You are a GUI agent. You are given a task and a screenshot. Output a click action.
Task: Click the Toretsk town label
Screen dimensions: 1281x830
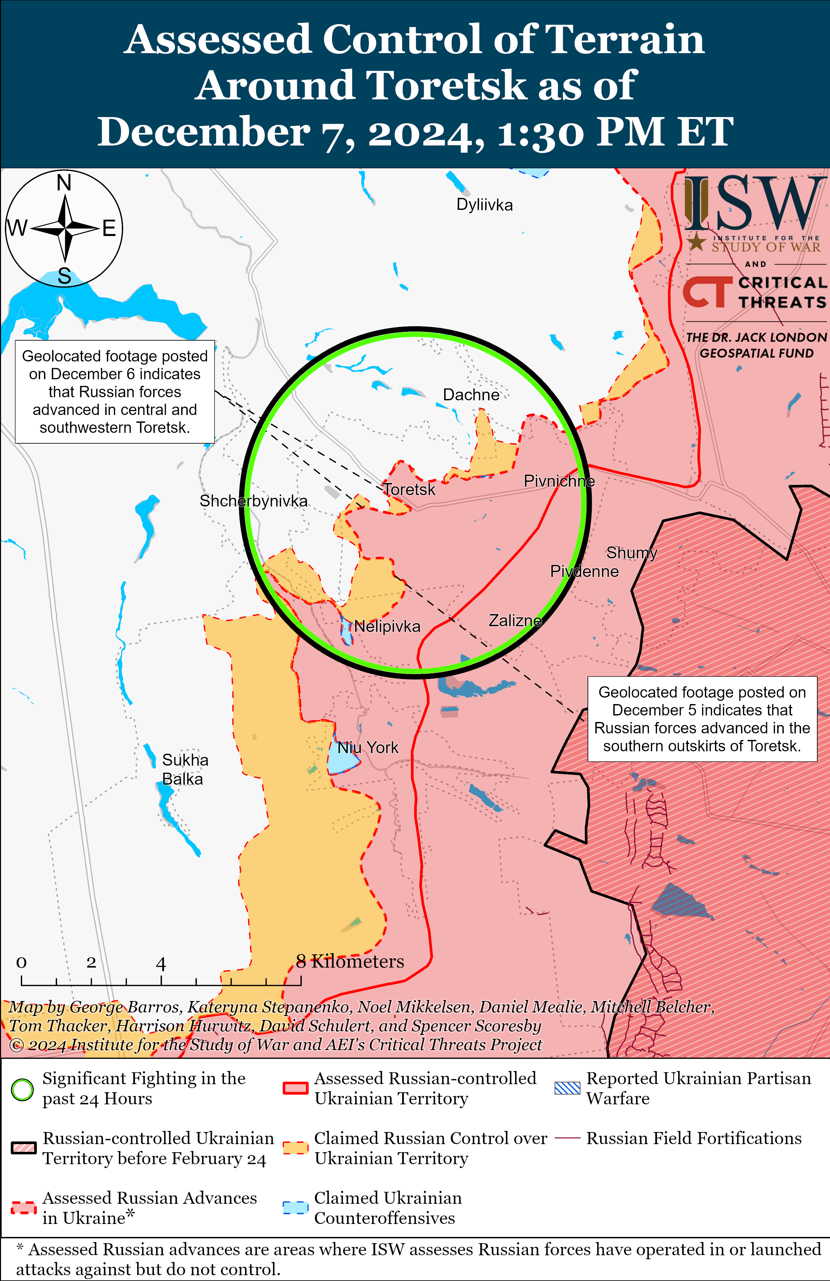pyautogui.click(x=409, y=489)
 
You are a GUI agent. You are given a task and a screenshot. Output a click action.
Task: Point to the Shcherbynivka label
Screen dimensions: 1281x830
pyautogui.click(x=254, y=501)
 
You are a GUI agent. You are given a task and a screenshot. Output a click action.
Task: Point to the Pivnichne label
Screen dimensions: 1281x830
pyautogui.click(x=559, y=481)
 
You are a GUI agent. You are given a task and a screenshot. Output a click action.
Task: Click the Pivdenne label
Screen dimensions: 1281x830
pyautogui.click(x=584, y=571)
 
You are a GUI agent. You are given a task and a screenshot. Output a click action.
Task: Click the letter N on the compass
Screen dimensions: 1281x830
pyautogui.click(x=64, y=183)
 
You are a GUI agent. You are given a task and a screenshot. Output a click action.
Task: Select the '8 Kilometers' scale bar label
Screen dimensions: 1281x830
pyautogui.click(x=350, y=961)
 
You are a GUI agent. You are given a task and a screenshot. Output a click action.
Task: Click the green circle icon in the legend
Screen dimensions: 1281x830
pyautogui.click(x=22, y=1089)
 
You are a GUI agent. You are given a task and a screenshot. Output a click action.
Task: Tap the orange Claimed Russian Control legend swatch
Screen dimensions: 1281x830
pyautogui.click(x=295, y=1147)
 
